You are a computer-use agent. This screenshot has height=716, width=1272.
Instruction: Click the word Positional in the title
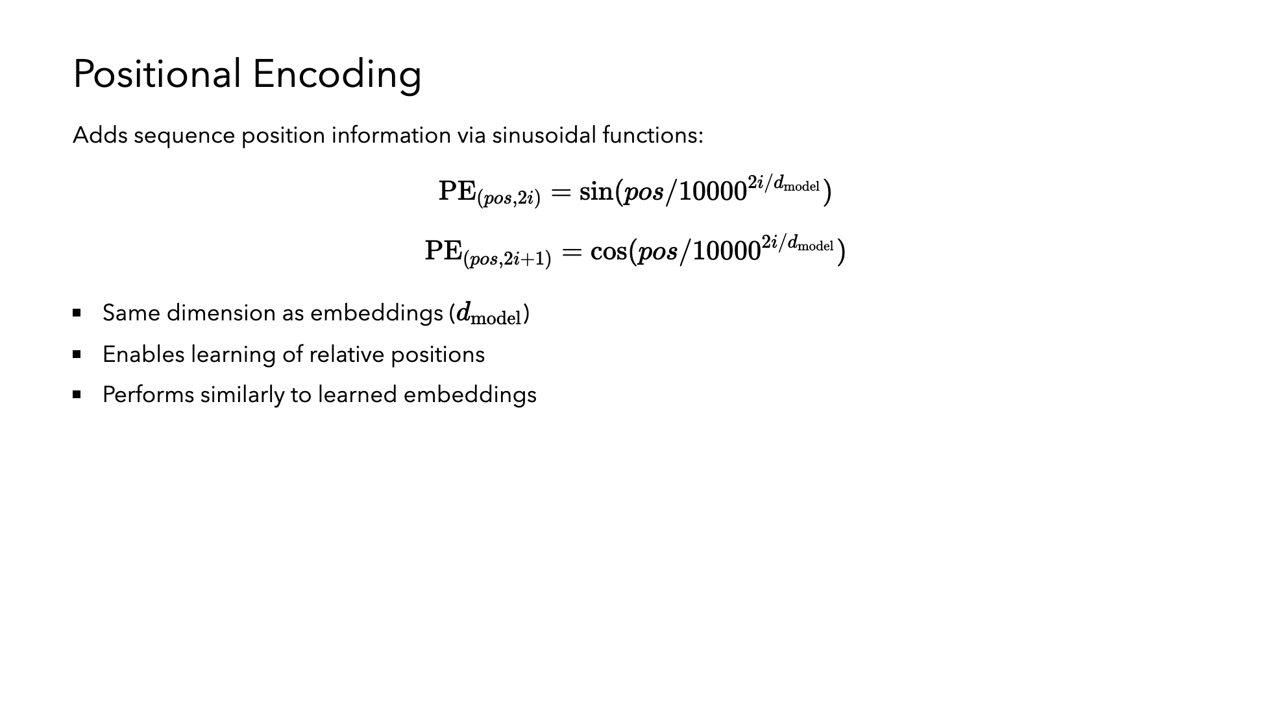[x=158, y=74]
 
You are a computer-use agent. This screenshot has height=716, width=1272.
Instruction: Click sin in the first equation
[x=596, y=191]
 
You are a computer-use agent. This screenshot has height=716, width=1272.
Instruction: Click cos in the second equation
[x=609, y=251]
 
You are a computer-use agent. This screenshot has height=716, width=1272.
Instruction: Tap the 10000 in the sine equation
[x=713, y=192]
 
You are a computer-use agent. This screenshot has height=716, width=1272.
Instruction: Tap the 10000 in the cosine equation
[x=727, y=252]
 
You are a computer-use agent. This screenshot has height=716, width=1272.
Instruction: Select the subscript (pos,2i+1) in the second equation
[x=507, y=259]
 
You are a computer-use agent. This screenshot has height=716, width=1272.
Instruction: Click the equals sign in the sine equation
[x=560, y=192]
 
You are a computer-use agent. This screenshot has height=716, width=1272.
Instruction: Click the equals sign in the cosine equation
[x=572, y=252]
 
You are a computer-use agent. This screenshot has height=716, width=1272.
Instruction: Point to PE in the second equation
[x=443, y=250]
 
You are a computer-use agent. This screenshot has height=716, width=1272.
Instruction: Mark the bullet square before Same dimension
[x=77, y=313]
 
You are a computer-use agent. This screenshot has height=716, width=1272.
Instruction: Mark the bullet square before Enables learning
[x=77, y=354]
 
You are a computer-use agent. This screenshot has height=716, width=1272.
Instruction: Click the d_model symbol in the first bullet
[x=489, y=315]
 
